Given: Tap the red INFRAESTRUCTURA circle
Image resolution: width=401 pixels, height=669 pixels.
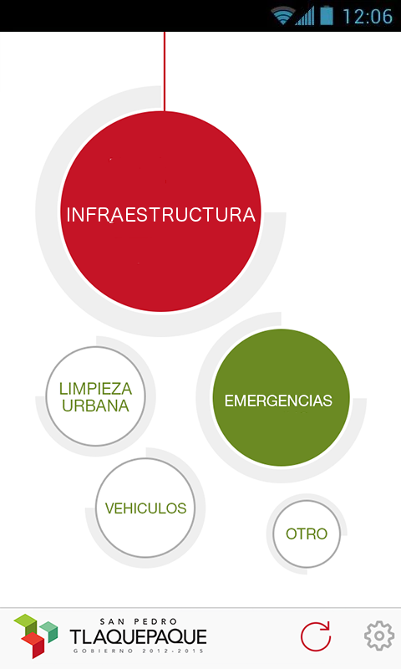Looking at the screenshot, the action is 160,212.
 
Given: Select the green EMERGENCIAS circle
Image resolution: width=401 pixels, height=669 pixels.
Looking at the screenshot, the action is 281,398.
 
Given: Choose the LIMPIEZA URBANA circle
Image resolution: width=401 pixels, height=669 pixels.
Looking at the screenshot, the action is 95,396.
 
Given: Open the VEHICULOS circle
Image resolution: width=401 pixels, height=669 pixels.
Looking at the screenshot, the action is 145,508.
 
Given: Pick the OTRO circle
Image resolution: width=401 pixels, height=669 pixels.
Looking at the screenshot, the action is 307,534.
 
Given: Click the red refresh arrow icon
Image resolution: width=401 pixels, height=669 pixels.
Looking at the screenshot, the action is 316,636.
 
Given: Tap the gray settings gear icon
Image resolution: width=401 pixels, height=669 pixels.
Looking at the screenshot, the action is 378,636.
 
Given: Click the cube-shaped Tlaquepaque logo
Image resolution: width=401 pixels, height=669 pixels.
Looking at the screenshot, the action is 36,636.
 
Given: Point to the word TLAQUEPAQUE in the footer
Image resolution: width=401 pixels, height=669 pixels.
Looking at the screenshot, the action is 139,637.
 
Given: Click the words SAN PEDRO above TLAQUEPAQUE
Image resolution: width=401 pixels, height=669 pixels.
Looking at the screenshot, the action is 139,621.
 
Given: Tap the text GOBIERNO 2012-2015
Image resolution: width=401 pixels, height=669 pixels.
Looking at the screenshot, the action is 139,651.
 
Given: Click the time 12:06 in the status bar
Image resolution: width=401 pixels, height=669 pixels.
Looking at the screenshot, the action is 368,16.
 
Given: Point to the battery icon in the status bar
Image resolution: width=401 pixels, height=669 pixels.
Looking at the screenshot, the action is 327,15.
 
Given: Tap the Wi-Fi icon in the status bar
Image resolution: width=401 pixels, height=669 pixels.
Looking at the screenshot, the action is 282,16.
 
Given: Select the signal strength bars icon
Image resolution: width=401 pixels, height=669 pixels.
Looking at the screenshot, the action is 305,16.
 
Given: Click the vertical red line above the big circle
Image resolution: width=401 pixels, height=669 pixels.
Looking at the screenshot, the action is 165,72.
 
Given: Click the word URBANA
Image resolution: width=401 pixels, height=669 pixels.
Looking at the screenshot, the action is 95,406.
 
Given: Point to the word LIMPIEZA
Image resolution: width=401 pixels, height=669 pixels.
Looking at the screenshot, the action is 95,389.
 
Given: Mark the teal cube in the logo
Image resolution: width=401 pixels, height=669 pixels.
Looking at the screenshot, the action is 49,631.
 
